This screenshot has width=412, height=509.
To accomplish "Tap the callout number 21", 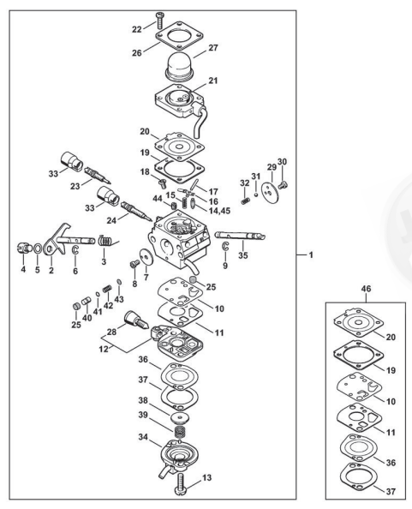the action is [x=213, y=81].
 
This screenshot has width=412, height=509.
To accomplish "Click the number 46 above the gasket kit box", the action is [x=367, y=289].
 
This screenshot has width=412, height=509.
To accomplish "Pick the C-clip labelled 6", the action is [x=75, y=250].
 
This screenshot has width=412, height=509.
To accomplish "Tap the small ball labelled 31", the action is [x=256, y=195].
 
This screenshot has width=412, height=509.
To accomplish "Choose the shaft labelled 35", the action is [x=241, y=236].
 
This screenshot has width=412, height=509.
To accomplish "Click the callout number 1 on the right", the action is [x=311, y=255].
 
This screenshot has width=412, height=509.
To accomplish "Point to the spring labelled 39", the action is [x=179, y=432].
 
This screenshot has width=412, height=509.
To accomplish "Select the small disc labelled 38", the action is [x=179, y=417].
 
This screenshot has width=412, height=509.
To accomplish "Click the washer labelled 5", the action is [x=38, y=249].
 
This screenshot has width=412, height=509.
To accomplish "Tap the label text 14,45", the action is [x=220, y=211].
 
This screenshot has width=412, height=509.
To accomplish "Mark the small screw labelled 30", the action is [x=284, y=185].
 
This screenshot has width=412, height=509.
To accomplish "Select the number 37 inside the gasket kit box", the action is [x=391, y=492].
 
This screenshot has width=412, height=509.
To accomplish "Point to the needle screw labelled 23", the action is [x=98, y=174].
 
